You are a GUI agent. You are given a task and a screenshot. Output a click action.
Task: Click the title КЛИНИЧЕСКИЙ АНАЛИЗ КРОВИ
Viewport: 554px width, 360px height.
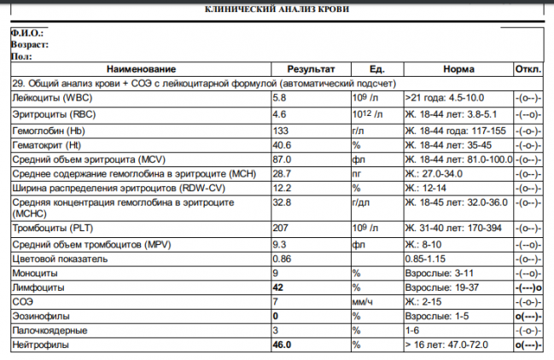[277, 9]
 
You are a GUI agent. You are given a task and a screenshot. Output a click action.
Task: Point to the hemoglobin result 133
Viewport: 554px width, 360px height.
[279, 131]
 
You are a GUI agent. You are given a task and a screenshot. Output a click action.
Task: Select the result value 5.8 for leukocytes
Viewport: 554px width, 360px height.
[278, 99]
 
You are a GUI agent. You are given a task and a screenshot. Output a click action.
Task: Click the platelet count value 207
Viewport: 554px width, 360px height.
[279, 229]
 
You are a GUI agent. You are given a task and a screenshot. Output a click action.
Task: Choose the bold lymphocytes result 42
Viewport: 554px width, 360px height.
[277, 288]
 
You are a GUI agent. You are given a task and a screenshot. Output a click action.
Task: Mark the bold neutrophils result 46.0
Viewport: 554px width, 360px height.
[282, 345]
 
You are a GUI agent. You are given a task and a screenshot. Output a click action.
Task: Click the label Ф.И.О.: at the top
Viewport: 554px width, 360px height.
[26, 32]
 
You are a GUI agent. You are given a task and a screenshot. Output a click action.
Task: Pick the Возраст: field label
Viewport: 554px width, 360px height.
[29, 44]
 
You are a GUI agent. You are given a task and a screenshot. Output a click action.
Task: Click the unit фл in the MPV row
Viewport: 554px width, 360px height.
[358, 244]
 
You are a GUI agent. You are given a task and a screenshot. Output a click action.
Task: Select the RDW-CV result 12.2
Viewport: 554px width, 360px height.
[281, 189]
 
